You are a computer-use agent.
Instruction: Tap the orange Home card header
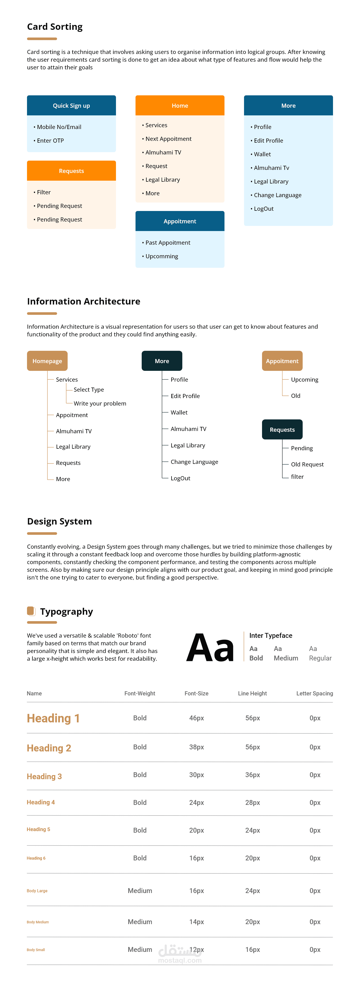(180, 105)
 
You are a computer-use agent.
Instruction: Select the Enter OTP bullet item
(50, 141)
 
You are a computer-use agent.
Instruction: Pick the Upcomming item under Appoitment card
(162, 256)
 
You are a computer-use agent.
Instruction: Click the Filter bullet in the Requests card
(43, 192)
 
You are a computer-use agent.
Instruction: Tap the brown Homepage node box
(47, 361)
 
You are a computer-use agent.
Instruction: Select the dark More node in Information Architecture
(162, 361)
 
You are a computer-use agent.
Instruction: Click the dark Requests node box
(282, 430)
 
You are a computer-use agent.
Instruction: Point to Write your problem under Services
(100, 403)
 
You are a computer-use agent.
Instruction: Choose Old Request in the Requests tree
(307, 464)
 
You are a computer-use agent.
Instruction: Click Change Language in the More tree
(194, 462)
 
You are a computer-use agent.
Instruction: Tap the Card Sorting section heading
(55, 27)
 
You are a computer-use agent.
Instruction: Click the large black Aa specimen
(210, 648)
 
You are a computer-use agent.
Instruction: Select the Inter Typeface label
(271, 636)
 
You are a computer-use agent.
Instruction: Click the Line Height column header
(252, 693)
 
